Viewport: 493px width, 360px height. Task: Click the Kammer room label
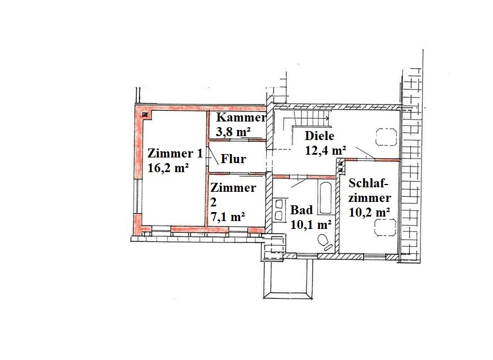pos(241,118)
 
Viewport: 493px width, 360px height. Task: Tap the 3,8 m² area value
pos(233,132)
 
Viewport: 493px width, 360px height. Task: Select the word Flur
pos(233,159)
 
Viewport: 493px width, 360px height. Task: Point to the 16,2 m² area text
pos(168,168)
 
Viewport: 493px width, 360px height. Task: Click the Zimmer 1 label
pos(175,154)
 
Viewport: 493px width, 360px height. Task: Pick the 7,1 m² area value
pos(228,217)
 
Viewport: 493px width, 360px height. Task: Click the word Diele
pos(319,136)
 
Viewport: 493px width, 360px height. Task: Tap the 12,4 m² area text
pos(325,150)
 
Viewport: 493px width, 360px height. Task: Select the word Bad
pos(301,210)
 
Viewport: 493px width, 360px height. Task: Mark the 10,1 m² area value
pos(311,224)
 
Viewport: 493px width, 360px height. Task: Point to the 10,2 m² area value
pos(369,212)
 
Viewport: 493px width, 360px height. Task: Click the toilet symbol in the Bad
pos(325,243)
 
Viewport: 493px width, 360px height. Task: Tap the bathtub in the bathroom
pos(325,198)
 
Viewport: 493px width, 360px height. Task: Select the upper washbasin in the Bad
pos(279,205)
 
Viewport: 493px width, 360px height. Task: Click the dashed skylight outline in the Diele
pos(386,137)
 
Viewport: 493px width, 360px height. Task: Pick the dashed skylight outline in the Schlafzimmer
pos(385,227)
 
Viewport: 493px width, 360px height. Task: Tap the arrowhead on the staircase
pos(327,118)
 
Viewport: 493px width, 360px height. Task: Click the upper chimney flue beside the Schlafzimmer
pos(340,164)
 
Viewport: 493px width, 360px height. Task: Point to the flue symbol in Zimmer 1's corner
pos(145,115)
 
